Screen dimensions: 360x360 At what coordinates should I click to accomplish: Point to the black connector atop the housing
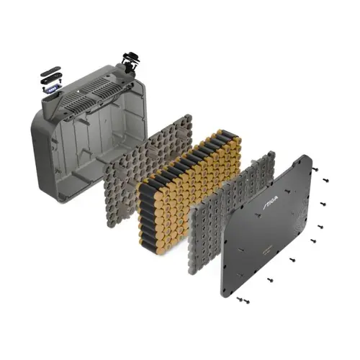pyautogui.click(x=130, y=62)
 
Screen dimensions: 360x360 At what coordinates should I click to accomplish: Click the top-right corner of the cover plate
pyautogui.click(x=307, y=158)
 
